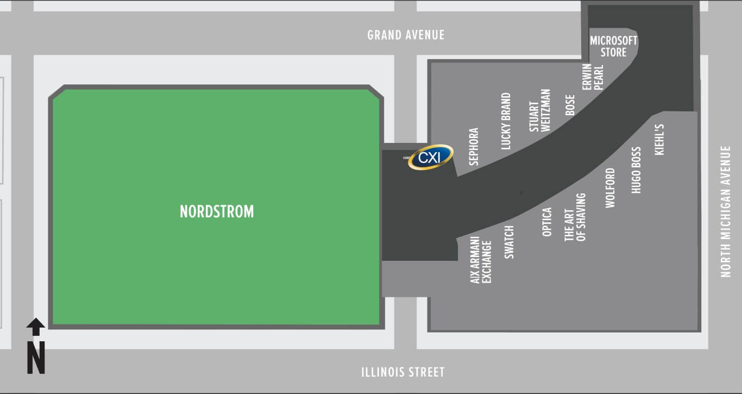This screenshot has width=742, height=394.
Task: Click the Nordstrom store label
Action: [217, 211]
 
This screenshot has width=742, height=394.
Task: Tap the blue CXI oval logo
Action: [431, 158]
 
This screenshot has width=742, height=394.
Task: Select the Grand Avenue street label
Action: [406, 35]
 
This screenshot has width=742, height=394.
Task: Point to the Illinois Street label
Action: [403, 372]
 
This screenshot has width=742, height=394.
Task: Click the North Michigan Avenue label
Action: [726, 211]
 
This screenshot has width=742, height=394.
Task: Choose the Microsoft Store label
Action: [614, 47]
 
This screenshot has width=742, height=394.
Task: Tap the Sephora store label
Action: [474, 146]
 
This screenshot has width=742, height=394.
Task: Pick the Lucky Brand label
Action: [506, 121]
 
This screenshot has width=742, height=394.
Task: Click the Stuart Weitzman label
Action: [540, 110]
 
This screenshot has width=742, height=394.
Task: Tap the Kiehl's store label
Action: [660, 140]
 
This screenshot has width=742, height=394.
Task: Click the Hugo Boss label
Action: [637, 170]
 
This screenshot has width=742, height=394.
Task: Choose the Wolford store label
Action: [611, 188]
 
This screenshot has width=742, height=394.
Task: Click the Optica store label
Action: [547, 222]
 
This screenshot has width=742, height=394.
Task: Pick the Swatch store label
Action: [509, 242]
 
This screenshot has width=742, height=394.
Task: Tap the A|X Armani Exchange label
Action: [481, 260]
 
